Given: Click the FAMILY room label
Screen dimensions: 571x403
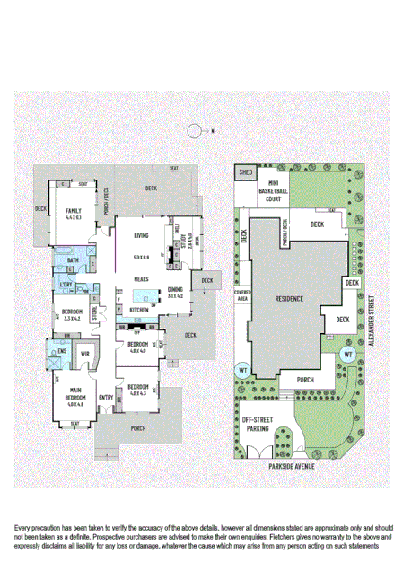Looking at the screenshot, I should tap(73, 213).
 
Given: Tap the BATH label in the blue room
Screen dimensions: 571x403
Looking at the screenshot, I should tap(74, 261).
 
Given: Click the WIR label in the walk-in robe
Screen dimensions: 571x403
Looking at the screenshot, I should tap(86, 354).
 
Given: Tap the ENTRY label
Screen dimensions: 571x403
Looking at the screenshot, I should tap(107, 397).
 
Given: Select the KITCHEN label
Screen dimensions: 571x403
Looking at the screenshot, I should tap(139, 309).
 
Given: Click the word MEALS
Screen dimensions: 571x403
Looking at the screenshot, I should tap(141, 278).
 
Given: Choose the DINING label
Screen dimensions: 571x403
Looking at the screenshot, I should tap(175, 288).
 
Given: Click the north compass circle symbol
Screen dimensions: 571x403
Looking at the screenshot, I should tap(194, 131).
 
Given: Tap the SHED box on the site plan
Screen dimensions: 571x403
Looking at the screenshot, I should tap(244, 171).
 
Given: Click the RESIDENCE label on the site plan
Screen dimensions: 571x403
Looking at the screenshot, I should tap(289, 298).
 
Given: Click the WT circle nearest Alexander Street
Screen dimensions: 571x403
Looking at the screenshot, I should tap(347, 355).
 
